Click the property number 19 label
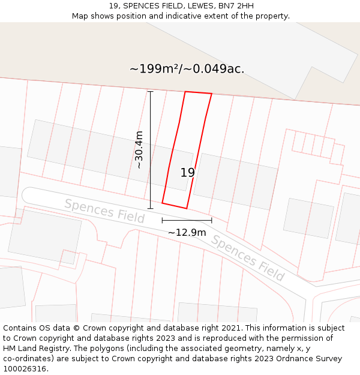coord(187,173)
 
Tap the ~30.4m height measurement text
coord(139,149)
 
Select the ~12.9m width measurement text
coord(187,232)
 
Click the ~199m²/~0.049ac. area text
coord(187,68)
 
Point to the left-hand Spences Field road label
coord(104,211)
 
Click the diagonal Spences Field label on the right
coord(247,258)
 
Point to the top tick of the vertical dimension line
coord(150,92)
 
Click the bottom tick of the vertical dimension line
coord(150,209)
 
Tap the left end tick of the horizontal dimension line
coord(162,221)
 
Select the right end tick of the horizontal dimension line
coord(211,221)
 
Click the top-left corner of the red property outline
coord(185,92)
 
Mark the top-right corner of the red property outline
coord(212,94)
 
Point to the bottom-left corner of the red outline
coord(162,203)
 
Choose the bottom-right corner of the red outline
coord(187,209)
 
